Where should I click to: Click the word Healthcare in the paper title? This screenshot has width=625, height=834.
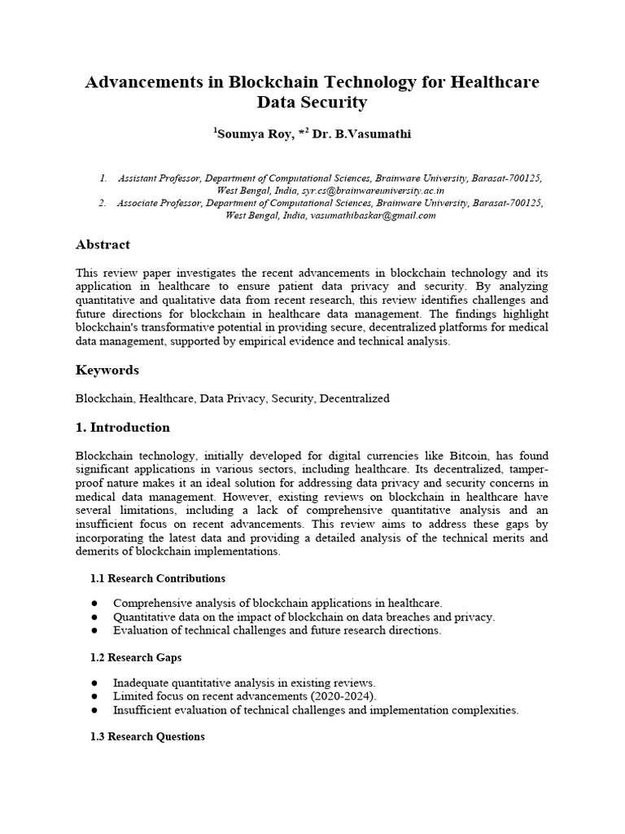[x=492, y=81]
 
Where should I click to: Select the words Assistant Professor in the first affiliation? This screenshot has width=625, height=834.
[x=159, y=177]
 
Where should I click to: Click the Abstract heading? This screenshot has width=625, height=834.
[x=103, y=244]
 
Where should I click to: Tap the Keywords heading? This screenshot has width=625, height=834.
[x=107, y=370]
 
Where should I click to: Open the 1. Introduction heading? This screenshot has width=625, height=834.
[x=123, y=427]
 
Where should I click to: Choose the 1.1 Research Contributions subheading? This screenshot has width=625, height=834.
[x=157, y=578]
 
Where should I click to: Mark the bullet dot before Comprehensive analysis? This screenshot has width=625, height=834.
[x=95, y=604]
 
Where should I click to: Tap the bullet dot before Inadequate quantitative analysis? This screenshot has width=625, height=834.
[x=95, y=683]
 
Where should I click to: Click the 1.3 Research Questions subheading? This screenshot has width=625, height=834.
[x=146, y=736]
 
